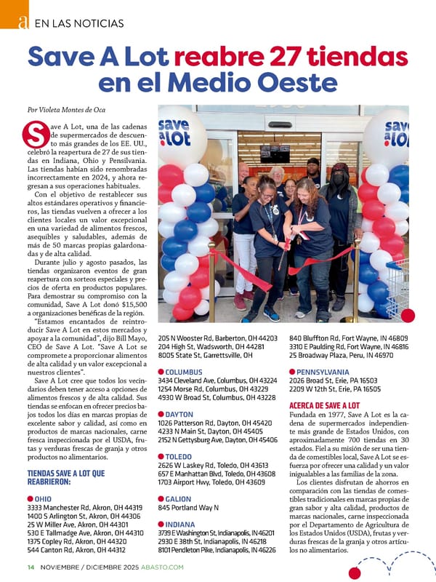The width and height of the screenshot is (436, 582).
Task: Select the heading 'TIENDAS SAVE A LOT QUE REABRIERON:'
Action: coord(65,477)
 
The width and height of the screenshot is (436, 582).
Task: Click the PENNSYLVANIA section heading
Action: coord(324,371)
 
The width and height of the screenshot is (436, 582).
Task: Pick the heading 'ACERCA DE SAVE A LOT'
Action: coord(324,405)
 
